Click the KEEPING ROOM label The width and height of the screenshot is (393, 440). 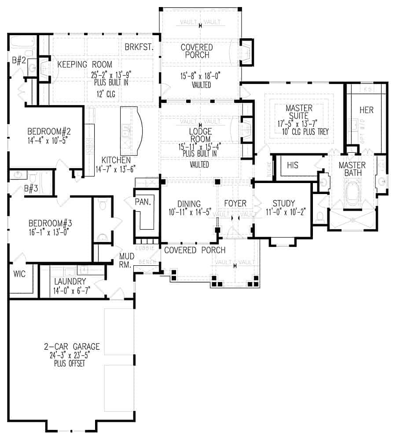(85, 65)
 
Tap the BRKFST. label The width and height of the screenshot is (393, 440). (139, 48)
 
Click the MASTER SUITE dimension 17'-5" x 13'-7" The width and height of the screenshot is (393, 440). (300, 125)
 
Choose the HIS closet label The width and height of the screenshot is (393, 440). (293, 165)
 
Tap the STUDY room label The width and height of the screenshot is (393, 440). (283, 204)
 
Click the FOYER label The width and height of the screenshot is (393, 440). (235, 204)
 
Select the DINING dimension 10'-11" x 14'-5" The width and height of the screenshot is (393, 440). (189, 212)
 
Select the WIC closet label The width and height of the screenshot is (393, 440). (19, 274)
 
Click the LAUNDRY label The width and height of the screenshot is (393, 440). (70, 281)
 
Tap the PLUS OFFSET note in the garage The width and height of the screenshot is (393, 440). (70, 364)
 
